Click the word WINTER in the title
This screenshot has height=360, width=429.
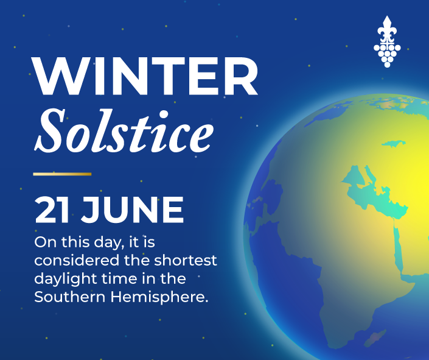[x=145, y=76]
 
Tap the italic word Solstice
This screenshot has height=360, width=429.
[x=124, y=131]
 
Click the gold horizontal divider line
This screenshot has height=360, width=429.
[x=62, y=174]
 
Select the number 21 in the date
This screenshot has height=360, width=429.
[x=52, y=210]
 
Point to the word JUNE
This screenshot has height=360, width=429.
[x=132, y=210]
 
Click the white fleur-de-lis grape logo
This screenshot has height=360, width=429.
[x=387, y=41]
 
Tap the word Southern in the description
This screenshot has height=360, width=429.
[x=70, y=297]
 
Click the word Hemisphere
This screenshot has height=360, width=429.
[x=159, y=297]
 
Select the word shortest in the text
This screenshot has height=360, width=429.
[x=186, y=260]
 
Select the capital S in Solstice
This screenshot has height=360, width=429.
[x=50, y=131]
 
